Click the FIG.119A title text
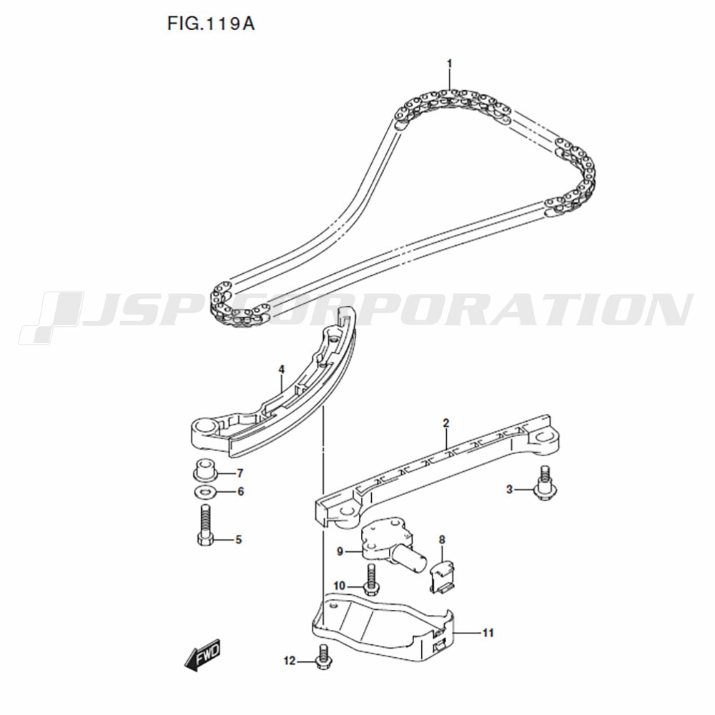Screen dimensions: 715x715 pos(211,24)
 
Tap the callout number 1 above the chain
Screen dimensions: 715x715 pos(449,64)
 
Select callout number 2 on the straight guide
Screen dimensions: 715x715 pos(446,423)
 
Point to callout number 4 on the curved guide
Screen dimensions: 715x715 pos(281,369)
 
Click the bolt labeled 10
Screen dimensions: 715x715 pos(370,579)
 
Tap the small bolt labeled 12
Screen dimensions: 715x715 pos(323,657)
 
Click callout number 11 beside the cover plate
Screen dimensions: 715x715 pos(488,633)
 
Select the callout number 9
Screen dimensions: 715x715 pos(340,552)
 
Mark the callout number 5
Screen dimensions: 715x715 pos(238,540)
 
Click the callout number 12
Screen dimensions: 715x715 pos(290,661)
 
